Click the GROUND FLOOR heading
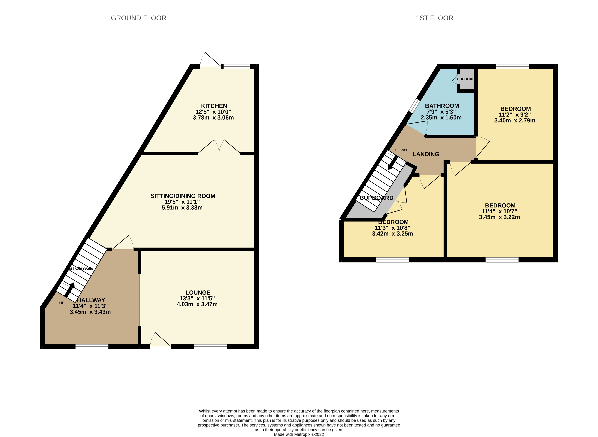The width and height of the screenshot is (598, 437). [138, 18]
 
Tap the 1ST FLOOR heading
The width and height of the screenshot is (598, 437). [434, 18]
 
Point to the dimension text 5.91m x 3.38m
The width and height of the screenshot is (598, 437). [182, 208]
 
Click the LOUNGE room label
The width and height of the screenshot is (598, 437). [198, 293]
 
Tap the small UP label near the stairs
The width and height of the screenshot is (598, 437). [62, 303]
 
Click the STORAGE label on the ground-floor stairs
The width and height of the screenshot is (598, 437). [81, 268]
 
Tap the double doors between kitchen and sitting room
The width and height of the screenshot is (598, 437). [219, 147]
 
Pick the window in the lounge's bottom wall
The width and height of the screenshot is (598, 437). [210, 347]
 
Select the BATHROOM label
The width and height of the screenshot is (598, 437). [442, 106]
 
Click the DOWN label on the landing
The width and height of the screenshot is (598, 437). [401, 150]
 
